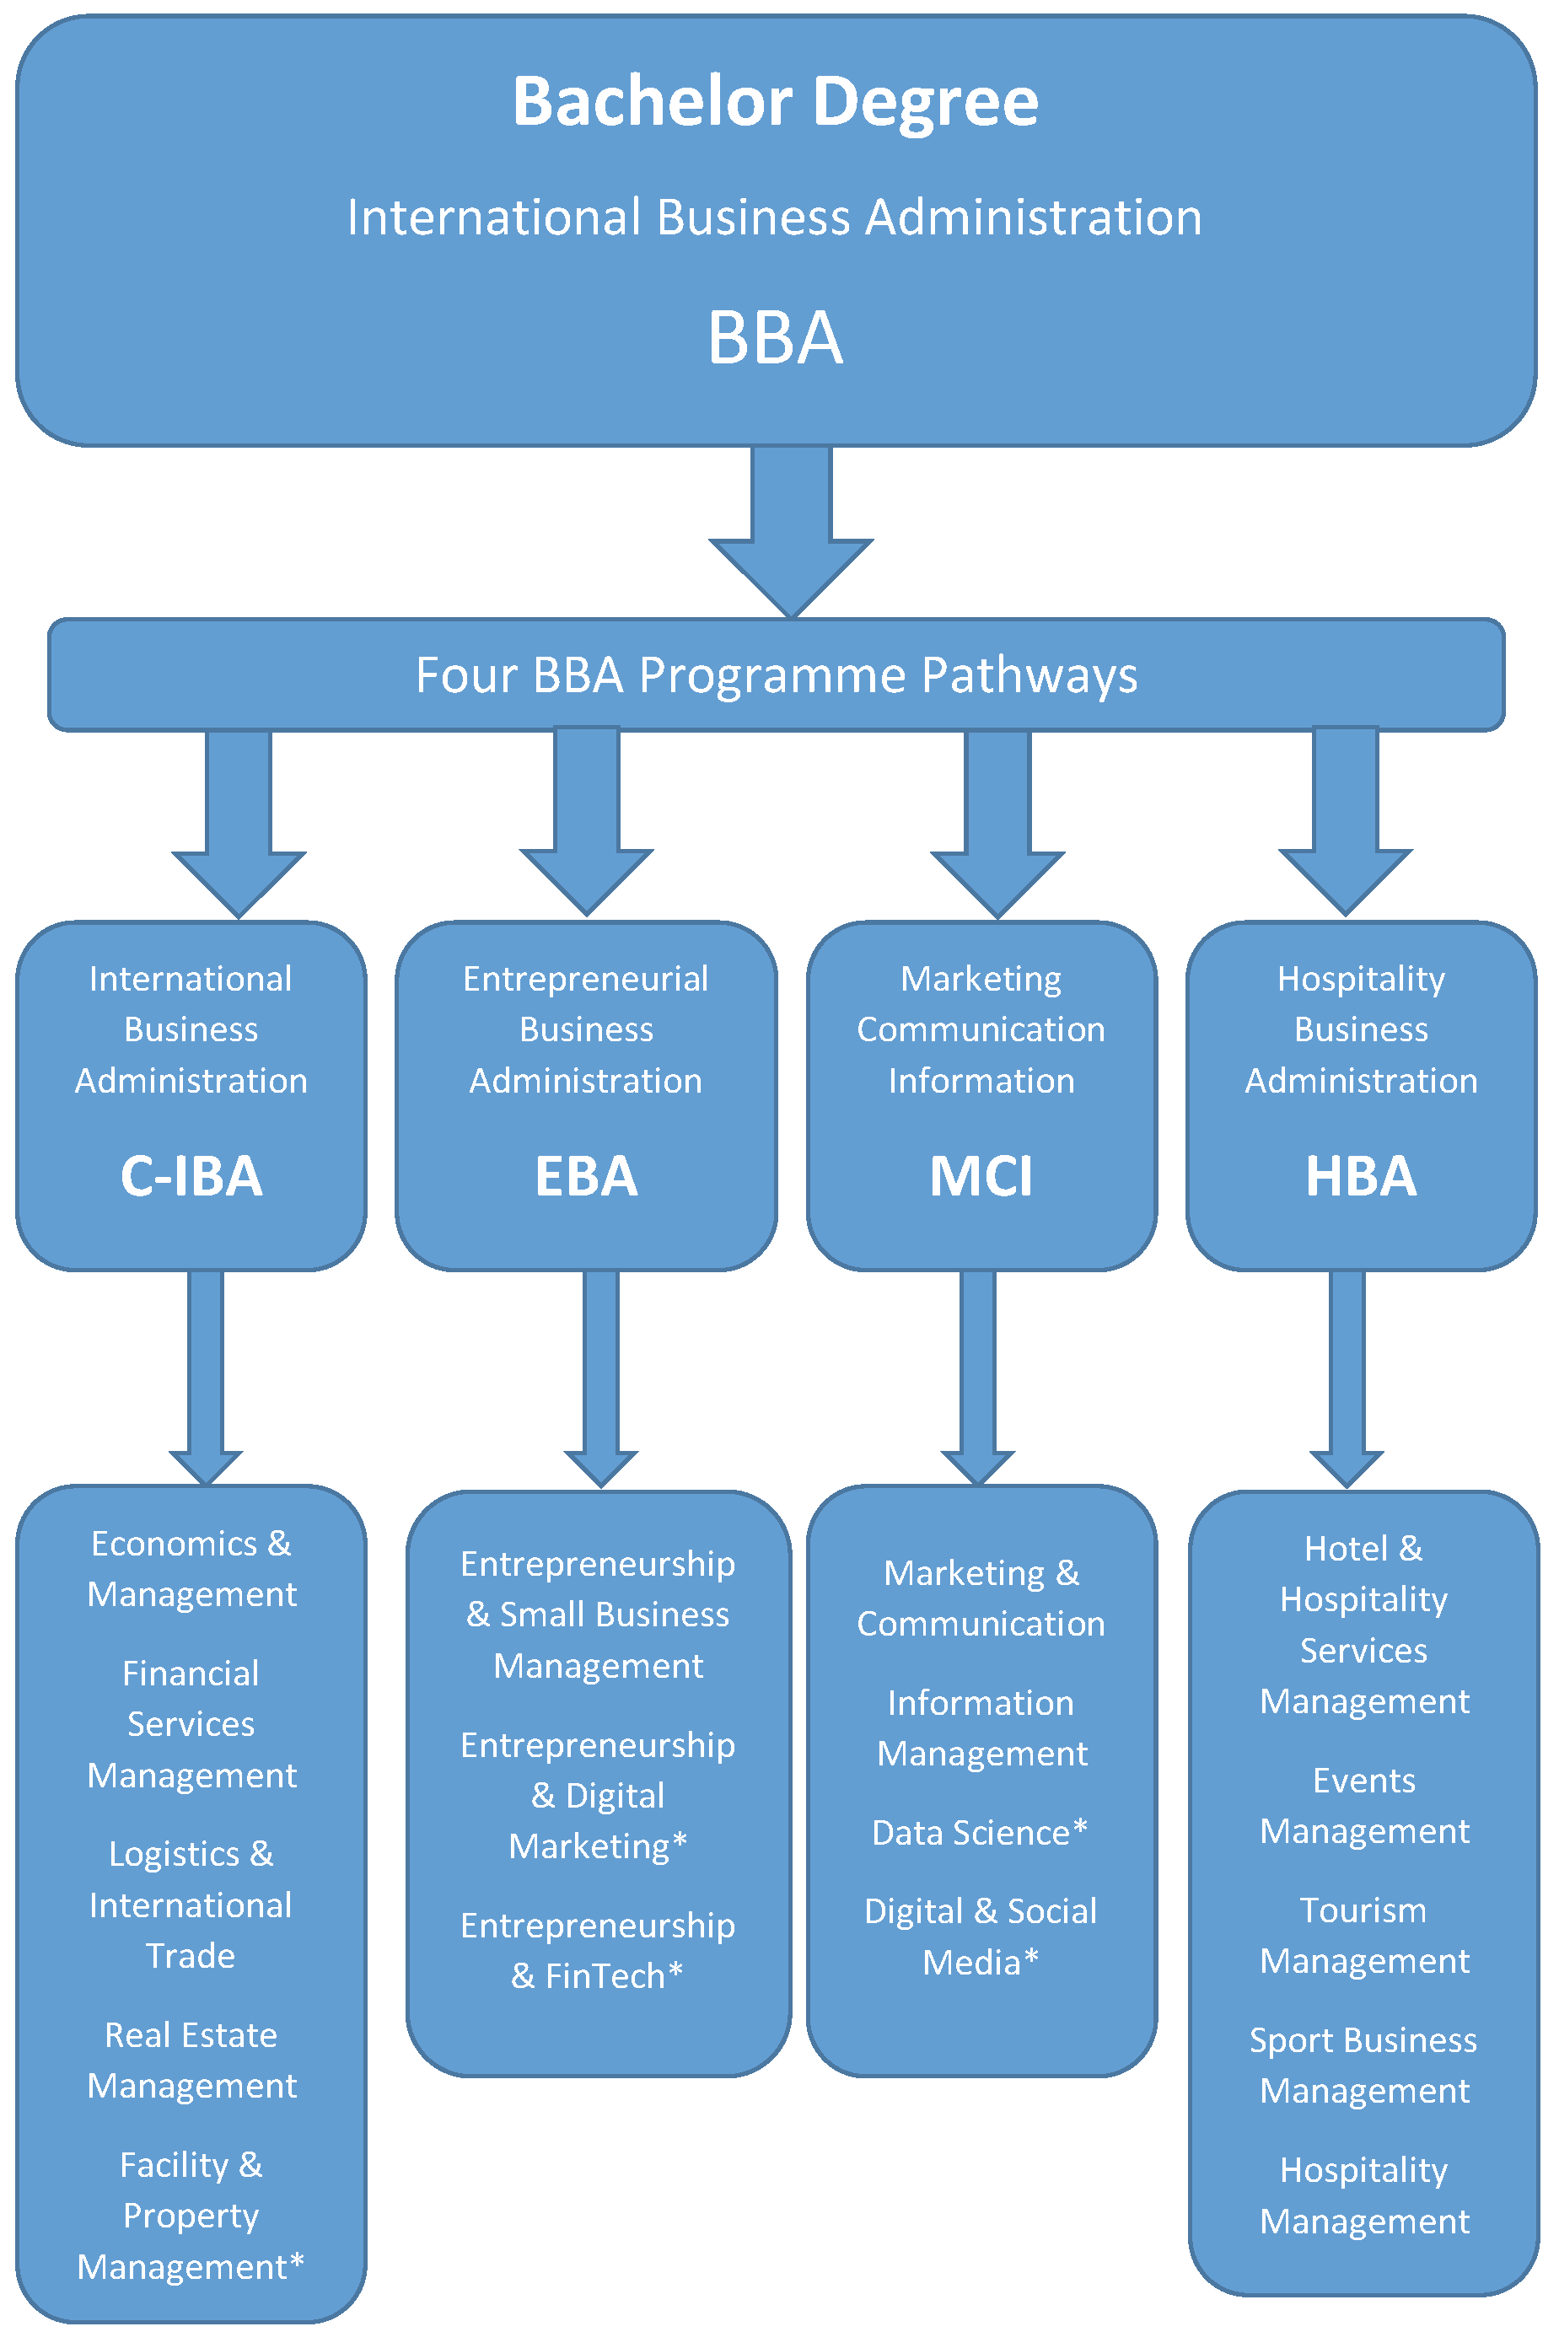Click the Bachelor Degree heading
pos(776,101)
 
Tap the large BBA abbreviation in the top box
pos(776,338)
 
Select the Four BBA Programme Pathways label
pos(776,675)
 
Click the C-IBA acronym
pos(191,1176)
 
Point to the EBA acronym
pos(586,1176)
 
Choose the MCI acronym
pos(981,1176)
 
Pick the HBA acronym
pos(1360,1176)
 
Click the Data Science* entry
pos(980,1832)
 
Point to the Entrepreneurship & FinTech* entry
pos(598,1949)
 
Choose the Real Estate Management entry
pos(191,2060)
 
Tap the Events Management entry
pos(1363,1805)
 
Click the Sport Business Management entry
pos(1363,2065)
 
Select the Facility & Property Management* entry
pos(191,2216)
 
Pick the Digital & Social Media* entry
pos(981,1936)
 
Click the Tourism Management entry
pos(1363,1935)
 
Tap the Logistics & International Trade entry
pos(191,1905)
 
